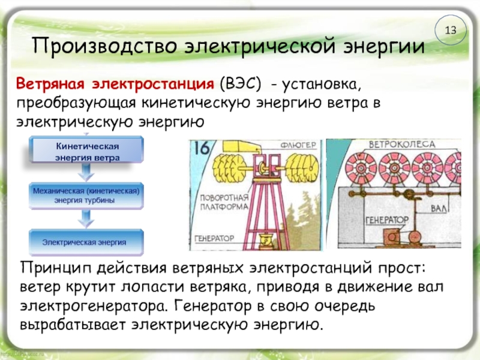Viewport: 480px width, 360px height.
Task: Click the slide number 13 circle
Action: [x=451, y=30]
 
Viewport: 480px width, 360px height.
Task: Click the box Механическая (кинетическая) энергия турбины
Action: [x=88, y=196]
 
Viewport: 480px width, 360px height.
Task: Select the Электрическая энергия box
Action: [x=88, y=242]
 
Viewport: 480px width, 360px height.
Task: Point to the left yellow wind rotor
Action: [x=230, y=166]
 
